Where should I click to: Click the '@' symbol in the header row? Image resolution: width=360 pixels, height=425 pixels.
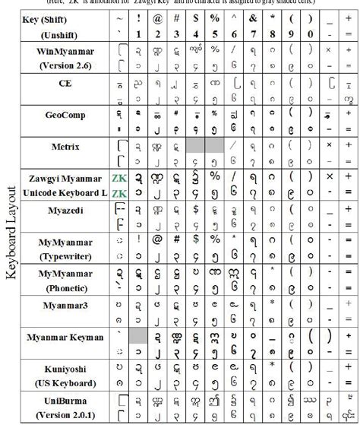point(157,17)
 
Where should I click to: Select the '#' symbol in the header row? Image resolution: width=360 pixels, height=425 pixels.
point(176,17)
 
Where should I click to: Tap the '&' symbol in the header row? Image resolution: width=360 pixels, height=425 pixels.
point(252,17)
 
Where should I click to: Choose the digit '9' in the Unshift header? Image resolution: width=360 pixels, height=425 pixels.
point(290,34)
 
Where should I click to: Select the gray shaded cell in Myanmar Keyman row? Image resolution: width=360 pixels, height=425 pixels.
point(138,335)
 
